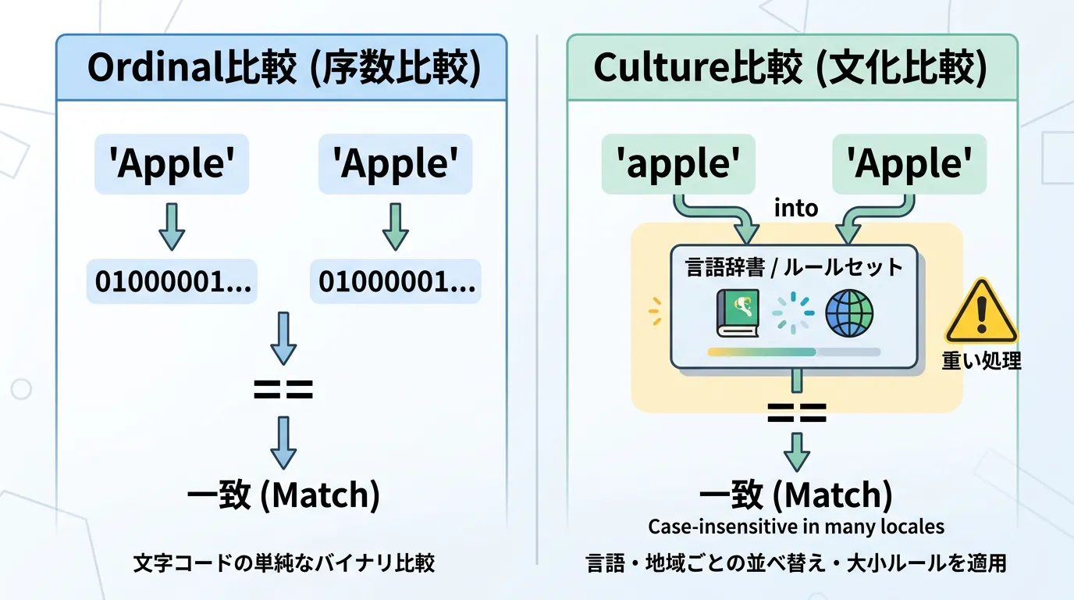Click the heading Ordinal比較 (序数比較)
tap(282, 69)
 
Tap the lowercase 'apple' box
tap(678, 164)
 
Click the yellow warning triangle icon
tap(980, 312)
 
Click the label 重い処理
tap(980, 360)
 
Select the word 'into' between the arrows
tap(795, 208)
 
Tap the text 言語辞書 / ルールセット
tap(794, 267)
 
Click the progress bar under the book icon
tap(793, 352)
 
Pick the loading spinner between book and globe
tap(792, 312)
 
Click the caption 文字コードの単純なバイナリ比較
tap(283, 562)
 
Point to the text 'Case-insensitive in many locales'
tap(796, 527)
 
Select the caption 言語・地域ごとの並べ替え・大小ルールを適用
tap(796, 562)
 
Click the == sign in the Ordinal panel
tap(283, 388)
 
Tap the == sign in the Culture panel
tap(796, 412)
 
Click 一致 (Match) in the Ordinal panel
tap(283, 496)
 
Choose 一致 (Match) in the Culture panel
tap(796, 495)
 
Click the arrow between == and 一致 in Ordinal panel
tap(283, 441)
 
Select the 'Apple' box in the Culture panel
tap(909, 164)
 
